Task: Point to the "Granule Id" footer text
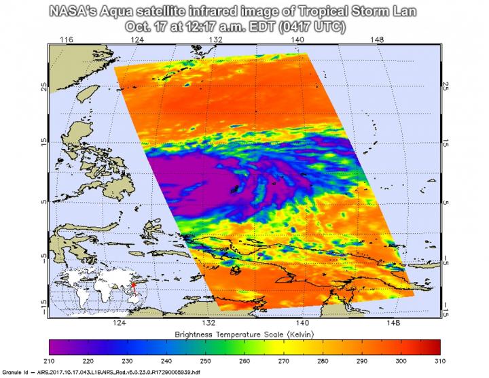pos(19,373)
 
